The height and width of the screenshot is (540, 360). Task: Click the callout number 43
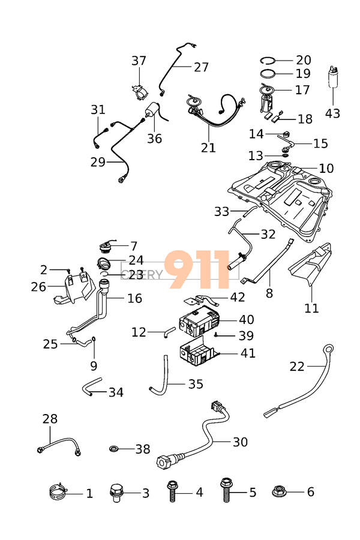(332, 112)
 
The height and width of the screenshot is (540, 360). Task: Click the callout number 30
(240, 442)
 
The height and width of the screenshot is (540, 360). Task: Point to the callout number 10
(326, 169)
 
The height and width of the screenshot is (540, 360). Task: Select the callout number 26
(38, 287)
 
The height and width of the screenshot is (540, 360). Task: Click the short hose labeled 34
(92, 387)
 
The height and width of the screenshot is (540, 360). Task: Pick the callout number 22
(298, 367)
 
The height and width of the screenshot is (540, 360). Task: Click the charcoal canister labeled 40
(198, 321)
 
